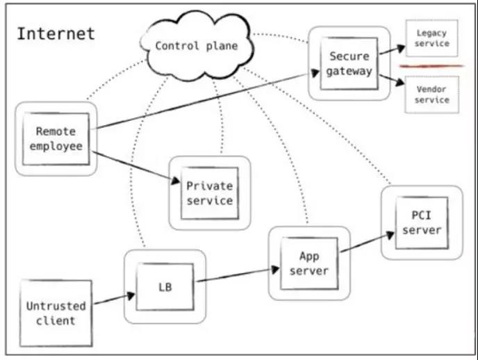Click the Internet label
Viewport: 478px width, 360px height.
tap(56, 33)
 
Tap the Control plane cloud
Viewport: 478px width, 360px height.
tap(196, 46)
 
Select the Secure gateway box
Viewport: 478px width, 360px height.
tap(350, 63)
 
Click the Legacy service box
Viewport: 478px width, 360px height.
tap(431, 38)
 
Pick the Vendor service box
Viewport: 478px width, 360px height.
tap(431, 95)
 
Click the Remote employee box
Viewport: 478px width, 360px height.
tap(56, 138)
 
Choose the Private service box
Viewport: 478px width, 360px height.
tap(210, 193)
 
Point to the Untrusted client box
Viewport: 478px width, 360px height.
tap(56, 313)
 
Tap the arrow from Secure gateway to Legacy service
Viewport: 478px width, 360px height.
tap(391, 52)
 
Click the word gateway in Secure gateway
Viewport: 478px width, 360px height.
tap(350, 71)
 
